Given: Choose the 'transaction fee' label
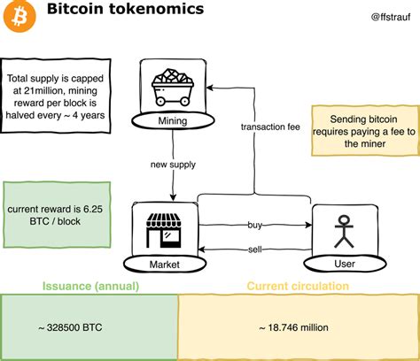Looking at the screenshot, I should click(x=270, y=127).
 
